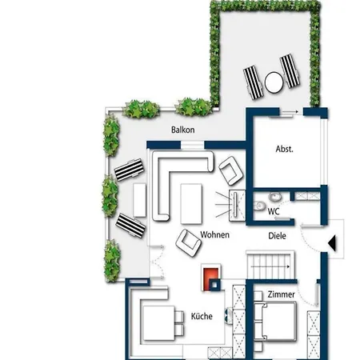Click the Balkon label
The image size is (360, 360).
(182, 130)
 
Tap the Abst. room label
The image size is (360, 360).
(285, 149)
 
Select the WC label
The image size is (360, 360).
(274, 211)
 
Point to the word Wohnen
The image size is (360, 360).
(214, 234)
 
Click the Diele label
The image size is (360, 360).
(277, 236)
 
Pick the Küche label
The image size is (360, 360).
(202, 316)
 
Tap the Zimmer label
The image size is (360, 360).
(281, 294)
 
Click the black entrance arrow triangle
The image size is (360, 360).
(332, 243)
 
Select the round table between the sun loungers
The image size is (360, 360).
(274, 82)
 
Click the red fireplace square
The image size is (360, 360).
(210, 279)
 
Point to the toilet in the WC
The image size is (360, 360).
(258, 206)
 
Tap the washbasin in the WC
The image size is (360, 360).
(274, 197)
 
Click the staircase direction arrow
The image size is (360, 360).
(270, 266)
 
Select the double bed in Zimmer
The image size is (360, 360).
(275, 321)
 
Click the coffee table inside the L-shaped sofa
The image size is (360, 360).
(191, 204)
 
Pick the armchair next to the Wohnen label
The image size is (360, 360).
(188, 243)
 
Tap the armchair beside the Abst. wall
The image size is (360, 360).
(231, 170)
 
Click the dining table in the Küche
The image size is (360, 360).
(159, 323)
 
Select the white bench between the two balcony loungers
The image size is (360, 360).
(139, 200)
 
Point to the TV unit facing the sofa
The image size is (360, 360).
(237, 206)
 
